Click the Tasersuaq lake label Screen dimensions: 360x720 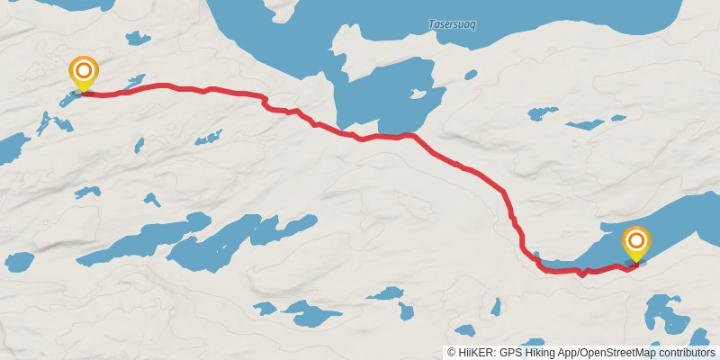pos(452,24)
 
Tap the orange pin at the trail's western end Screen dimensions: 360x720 pos(84,71)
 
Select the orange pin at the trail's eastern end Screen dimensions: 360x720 pos(636,241)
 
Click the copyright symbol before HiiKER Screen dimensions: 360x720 pos(452,353)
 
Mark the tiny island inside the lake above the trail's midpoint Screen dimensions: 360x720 pos(417,93)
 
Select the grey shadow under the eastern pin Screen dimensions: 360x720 pos(635,263)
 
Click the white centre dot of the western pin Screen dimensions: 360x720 pos(84,68)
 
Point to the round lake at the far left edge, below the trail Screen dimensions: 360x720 pos(18,262)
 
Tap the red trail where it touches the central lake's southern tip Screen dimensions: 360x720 pos(410,135)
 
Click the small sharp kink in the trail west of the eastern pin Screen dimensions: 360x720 pos(582,274)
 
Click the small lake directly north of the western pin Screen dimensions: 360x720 pos(137,38)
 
